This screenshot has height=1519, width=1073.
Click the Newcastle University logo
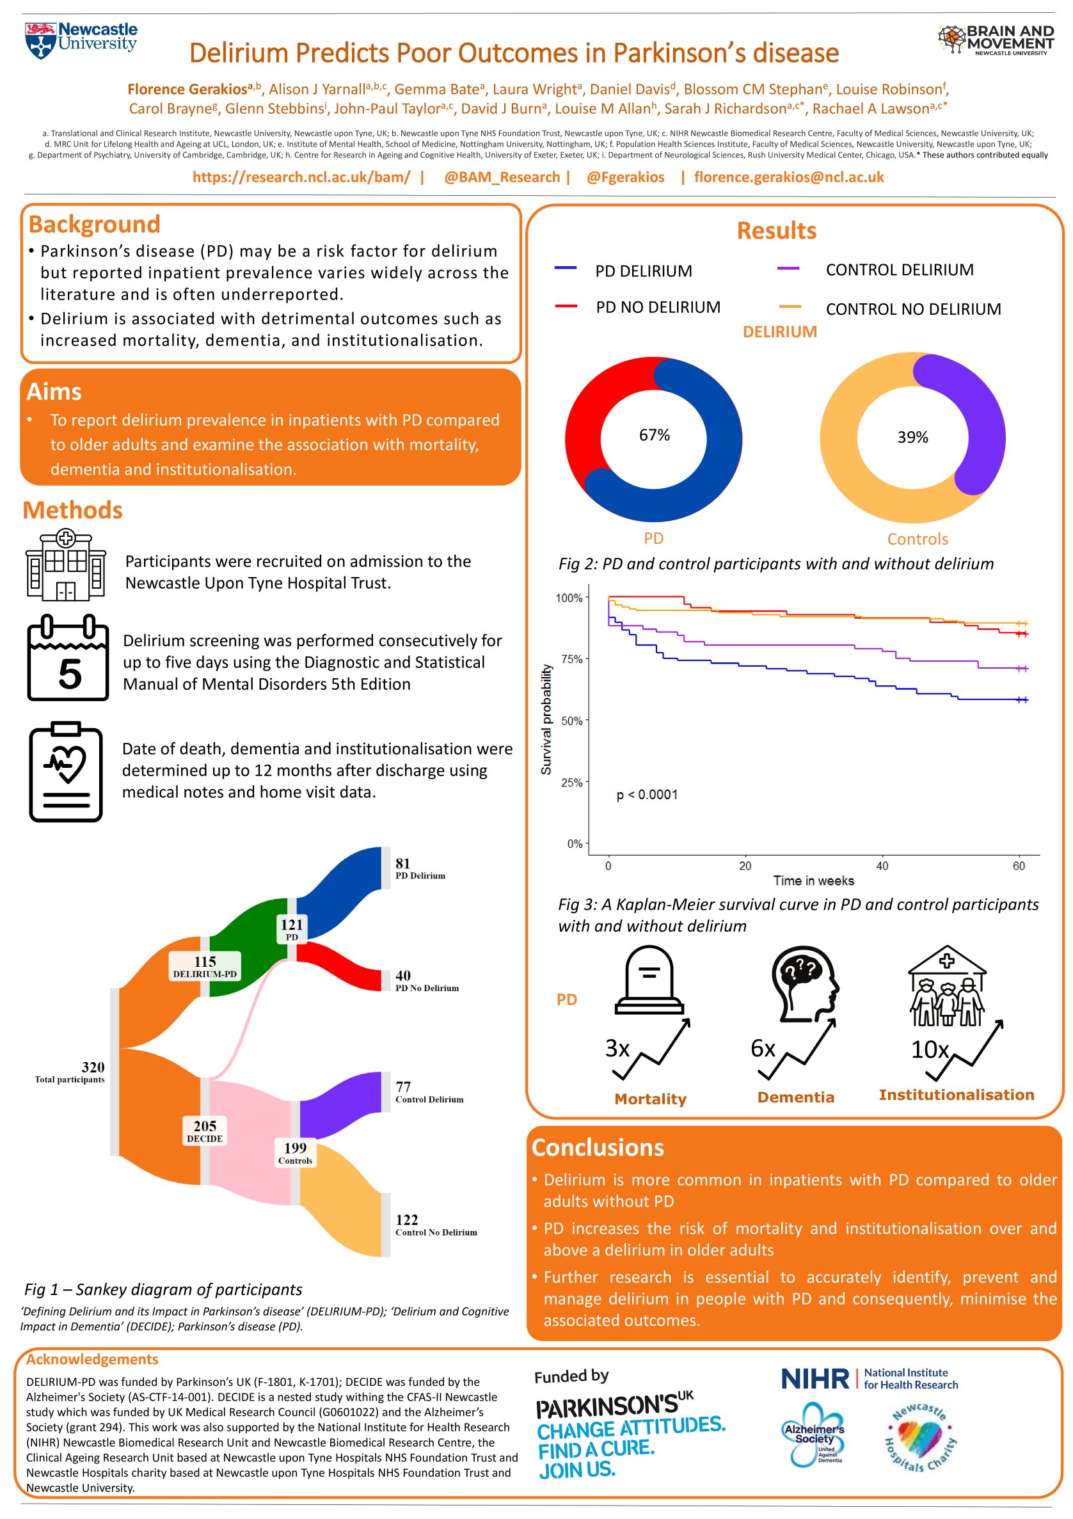pos(81,40)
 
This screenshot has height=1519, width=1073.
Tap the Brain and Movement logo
pos(995,40)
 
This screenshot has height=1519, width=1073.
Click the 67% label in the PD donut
pos(654,434)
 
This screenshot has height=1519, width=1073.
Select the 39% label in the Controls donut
pos(912,437)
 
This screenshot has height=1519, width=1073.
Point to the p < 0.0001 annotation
pos(646,795)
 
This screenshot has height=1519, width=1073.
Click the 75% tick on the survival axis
pos(571,659)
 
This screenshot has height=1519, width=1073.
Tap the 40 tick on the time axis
pos(882,866)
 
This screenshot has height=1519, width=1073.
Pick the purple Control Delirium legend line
pos(788,269)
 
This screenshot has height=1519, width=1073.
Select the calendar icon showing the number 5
pos(67,658)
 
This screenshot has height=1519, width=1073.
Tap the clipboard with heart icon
pos(65,772)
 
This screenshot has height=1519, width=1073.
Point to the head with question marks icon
pos(804,984)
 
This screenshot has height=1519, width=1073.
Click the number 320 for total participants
pos(93,1067)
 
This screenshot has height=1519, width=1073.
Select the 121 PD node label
pos(292,925)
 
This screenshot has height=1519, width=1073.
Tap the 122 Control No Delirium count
pos(407,1220)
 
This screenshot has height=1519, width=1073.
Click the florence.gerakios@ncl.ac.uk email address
pos(788,177)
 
